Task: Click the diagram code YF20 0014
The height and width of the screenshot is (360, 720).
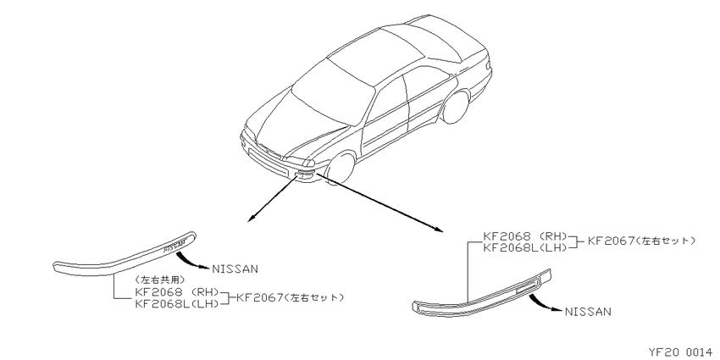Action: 684,352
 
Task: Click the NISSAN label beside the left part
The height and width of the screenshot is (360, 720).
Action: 235,269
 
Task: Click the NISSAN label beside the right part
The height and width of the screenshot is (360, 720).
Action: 588,312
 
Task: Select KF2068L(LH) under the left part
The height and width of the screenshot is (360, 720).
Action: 177,303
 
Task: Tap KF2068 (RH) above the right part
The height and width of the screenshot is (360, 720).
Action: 526,236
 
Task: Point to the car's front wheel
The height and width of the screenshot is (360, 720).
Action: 341,169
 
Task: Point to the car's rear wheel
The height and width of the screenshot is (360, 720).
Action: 455,108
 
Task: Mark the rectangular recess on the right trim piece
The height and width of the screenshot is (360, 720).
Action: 525,287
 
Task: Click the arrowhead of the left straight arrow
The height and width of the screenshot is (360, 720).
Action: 251,219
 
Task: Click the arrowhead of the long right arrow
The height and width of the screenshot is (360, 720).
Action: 439,228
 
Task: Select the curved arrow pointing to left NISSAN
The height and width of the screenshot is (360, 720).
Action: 191,261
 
